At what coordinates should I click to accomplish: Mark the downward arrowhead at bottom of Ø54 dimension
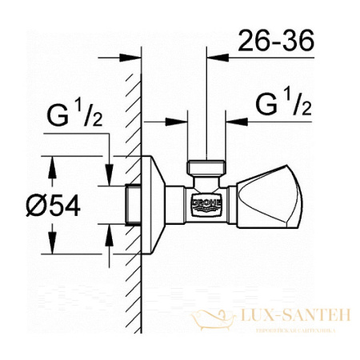tap(54, 247)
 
